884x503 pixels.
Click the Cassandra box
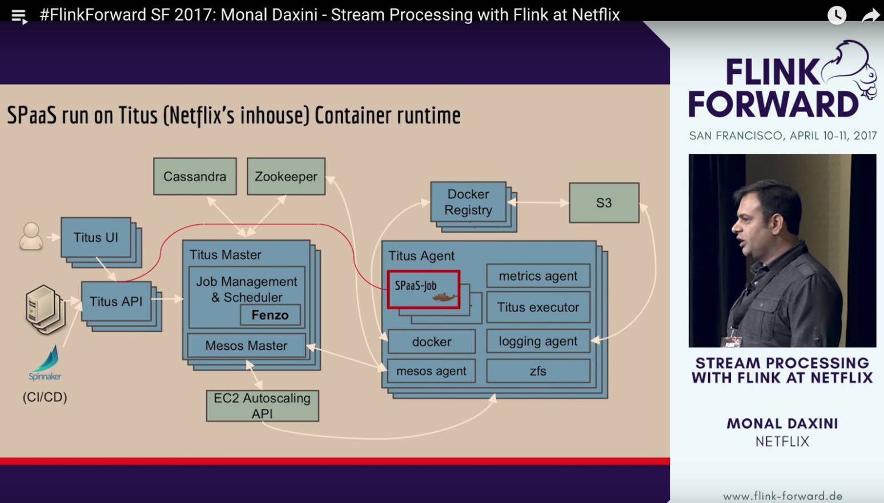195,177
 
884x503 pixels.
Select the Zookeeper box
286,177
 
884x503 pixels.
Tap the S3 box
604,203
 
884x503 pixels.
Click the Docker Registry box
468,202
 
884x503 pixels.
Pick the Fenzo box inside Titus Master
270,315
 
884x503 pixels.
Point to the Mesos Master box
246,346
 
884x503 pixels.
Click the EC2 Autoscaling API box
262,406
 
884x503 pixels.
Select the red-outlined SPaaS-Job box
423,289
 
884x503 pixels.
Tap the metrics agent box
538,276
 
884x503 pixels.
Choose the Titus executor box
538,308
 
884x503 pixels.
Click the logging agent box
538,341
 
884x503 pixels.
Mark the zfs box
538,371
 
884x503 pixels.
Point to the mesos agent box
431,371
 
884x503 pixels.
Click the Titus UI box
95,237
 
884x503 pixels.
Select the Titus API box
116,301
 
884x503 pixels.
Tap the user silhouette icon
31,236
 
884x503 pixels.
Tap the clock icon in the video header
837,15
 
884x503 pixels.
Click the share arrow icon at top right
870,15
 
